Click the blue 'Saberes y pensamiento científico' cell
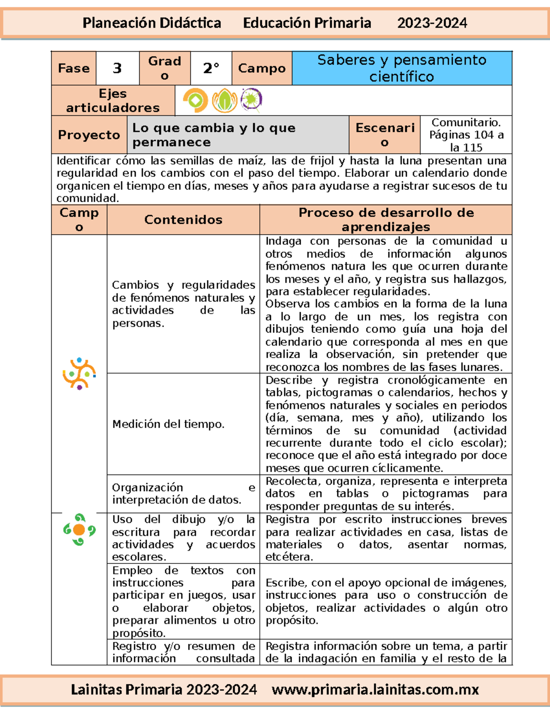(x=401, y=68)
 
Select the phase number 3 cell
(x=117, y=68)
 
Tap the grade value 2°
(x=211, y=68)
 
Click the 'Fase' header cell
(x=74, y=68)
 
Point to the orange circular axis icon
(x=195, y=100)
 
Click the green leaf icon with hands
(x=224, y=100)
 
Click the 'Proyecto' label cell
(x=89, y=135)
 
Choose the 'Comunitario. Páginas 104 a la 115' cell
(x=466, y=135)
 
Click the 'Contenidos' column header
(x=183, y=220)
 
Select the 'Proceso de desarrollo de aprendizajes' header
(x=385, y=220)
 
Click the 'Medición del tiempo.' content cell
(x=169, y=424)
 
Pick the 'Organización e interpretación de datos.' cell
(x=183, y=494)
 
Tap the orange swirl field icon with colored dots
(x=79, y=374)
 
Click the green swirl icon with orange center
(x=79, y=530)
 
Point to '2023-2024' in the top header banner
(x=432, y=23)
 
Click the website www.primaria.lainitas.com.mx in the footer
(x=375, y=690)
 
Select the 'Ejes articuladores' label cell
(x=113, y=100)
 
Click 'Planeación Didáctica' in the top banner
(x=152, y=23)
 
